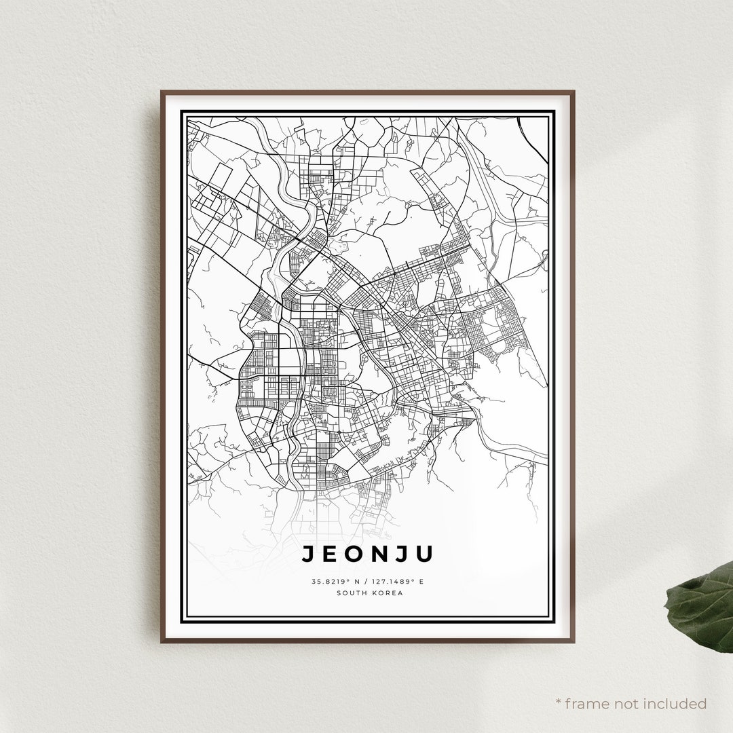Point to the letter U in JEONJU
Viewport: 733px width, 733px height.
pyautogui.click(x=425, y=555)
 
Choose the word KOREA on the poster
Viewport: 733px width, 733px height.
pyautogui.click(x=387, y=593)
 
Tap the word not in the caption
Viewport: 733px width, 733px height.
pyautogui.click(x=630, y=703)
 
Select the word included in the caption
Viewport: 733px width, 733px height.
pyautogui.click(x=677, y=703)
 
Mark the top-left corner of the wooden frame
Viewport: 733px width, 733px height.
pyautogui.click(x=162, y=92)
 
